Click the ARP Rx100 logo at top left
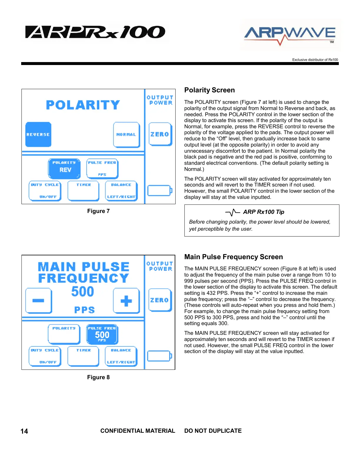coord(95,32)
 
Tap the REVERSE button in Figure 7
coord(38,134)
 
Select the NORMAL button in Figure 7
coord(126,134)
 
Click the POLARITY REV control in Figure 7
coord(64,169)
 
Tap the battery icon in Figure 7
coord(159,191)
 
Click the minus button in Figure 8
coord(39,301)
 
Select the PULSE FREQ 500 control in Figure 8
coord(102,334)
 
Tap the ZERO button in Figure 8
coord(160,300)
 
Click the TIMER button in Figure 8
coord(83,356)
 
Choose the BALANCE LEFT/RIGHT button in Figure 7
coord(121,191)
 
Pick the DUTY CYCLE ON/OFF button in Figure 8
coord(45,356)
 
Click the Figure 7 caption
coord(98,211)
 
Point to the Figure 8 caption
coord(98,377)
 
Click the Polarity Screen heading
coord(209,90)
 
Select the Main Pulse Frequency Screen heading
coord(234,257)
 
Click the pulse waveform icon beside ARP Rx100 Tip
coord(233,212)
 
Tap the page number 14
coord(24,431)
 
